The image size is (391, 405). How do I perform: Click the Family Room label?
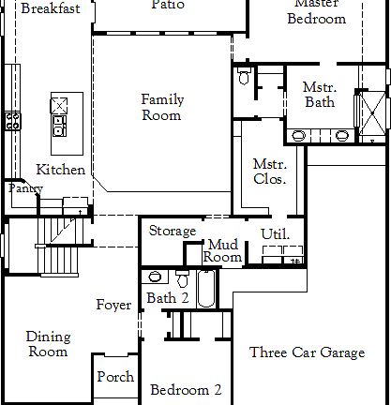pyautogui.click(x=162, y=108)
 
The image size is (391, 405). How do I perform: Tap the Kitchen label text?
pyautogui.click(x=61, y=170)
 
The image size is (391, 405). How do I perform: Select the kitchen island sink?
pyautogui.click(x=60, y=103)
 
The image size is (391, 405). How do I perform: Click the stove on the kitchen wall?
pyautogui.click(x=13, y=120)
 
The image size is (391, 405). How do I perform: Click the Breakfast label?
pyautogui.click(x=50, y=8)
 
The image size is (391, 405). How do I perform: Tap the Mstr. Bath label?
pyautogui.click(x=312, y=94)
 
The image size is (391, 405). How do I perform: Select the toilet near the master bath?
pyautogui.click(x=243, y=78)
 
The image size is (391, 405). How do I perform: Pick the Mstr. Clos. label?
pyautogui.click(x=270, y=171)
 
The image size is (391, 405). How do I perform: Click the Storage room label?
pyautogui.click(x=173, y=231)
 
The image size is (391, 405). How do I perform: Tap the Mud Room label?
pyautogui.click(x=223, y=250)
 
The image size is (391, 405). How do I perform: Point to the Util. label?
pyautogui.click(x=275, y=234)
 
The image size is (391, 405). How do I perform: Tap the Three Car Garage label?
pyautogui.click(x=307, y=352)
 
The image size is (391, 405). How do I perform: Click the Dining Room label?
pyautogui.click(x=47, y=344)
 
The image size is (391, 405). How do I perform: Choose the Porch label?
pyautogui.click(x=115, y=378)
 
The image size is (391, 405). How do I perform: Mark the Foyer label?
pyautogui.click(x=113, y=305)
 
